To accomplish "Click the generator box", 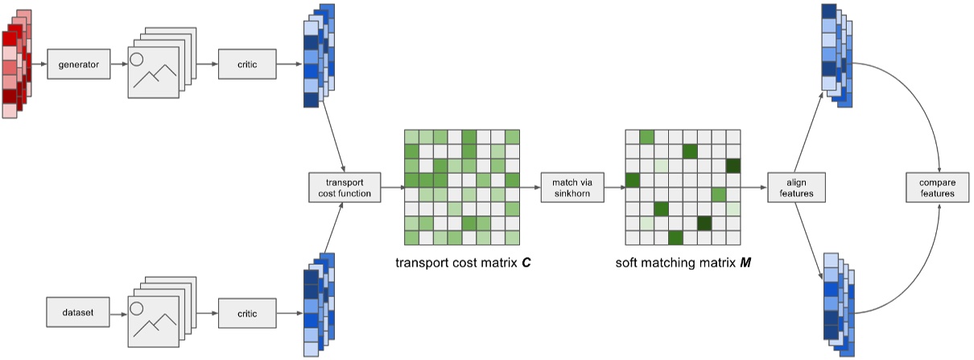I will (x=78, y=64).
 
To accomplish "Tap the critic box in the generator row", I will (x=246, y=64).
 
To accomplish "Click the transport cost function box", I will (x=345, y=187).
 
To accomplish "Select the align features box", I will (x=796, y=187).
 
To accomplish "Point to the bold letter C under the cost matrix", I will (x=526, y=263).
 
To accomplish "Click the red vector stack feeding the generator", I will (x=16, y=64).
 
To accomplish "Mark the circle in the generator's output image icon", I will (x=137, y=60).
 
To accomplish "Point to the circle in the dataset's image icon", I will (x=137, y=307).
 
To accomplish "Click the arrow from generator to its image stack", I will (x=118, y=64).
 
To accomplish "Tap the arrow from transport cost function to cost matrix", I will (x=391, y=187).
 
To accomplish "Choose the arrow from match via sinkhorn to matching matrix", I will (x=613, y=187).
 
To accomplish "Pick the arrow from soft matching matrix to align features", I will (x=754, y=187).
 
